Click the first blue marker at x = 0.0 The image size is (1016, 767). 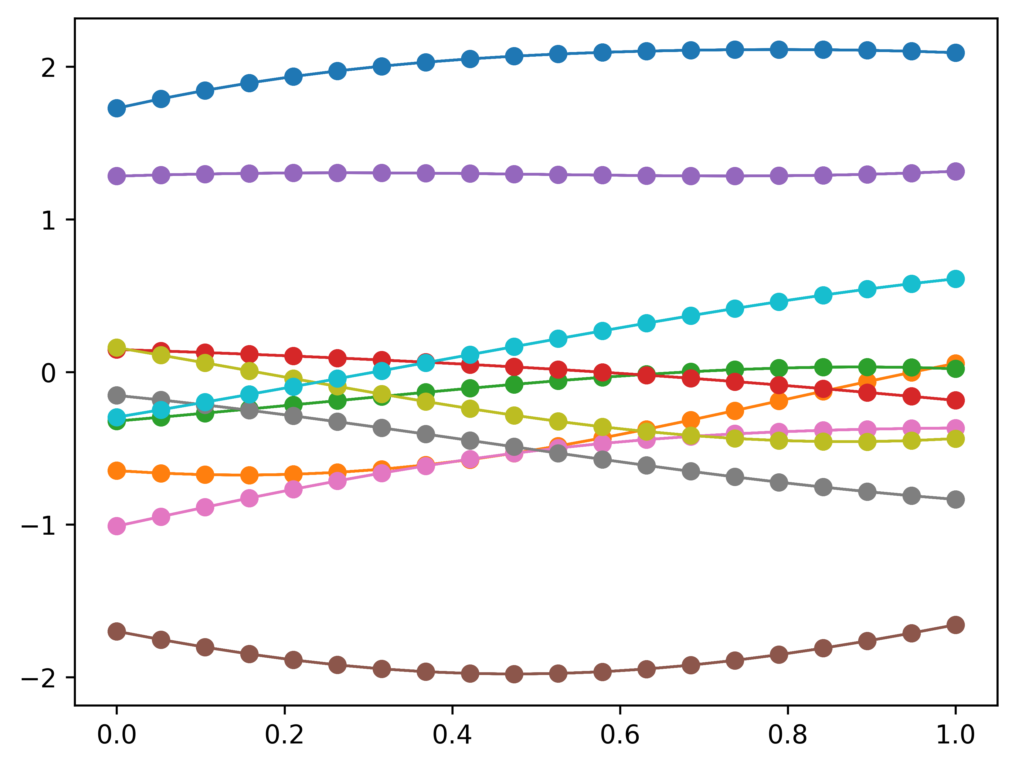pyautogui.click(x=117, y=108)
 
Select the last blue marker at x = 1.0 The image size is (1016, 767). pyautogui.click(x=955, y=52)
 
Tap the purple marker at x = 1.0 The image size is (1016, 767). pyautogui.click(x=955, y=172)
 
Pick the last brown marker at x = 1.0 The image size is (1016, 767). pyautogui.click(x=955, y=625)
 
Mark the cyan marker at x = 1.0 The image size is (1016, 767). pyautogui.click(x=955, y=279)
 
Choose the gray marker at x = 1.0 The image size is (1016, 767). pyautogui.click(x=955, y=499)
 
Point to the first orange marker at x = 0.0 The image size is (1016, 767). pyautogui.click(x=117, y=471)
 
